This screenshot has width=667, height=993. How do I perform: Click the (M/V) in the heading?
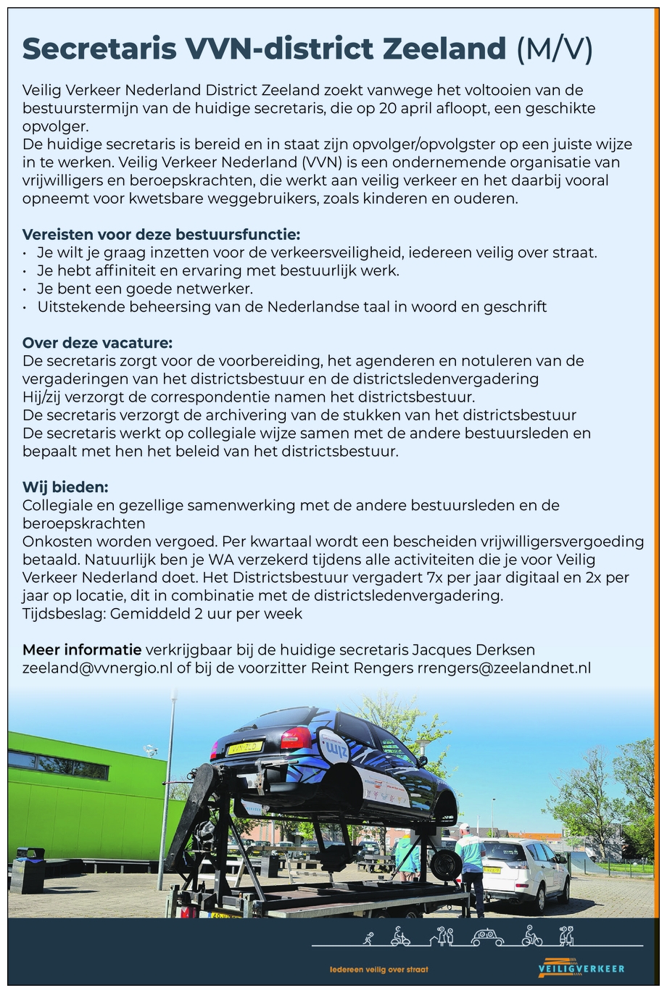(555, 49)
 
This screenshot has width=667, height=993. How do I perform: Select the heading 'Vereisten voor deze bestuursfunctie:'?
(161, 234)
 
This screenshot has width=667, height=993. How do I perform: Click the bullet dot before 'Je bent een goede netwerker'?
(25, 288)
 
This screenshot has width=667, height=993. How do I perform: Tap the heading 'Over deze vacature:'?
(97, 342)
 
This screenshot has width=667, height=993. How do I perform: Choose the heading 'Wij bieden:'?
(65, 486)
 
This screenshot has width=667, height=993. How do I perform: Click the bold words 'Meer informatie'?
(82, 649)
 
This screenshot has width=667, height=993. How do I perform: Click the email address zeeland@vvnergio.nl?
(97, 668)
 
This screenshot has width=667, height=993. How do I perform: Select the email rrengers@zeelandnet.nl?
(504, 668)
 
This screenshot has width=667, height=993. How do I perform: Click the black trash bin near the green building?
(29, 870)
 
